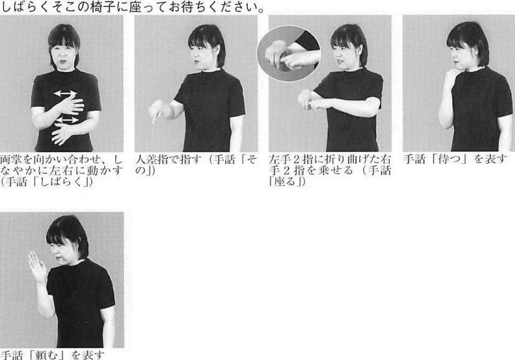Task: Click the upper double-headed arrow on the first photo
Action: [x=65, y=94]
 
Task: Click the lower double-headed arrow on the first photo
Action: [x=68, y=120]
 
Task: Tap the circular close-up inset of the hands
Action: [x=289, y=53]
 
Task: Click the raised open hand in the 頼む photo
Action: [x=38, y=267]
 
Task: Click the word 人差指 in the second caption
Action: [x=152, y=160]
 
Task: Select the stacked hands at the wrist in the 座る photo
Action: [x=307, y=100]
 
